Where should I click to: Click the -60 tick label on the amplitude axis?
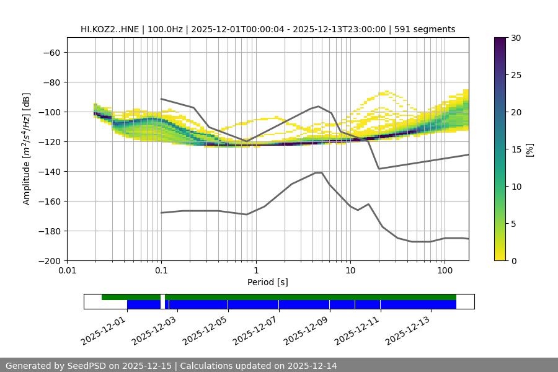tap(51, 52)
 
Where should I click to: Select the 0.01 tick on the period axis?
tap(67, 271)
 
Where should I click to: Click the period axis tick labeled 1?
tap(255, 271)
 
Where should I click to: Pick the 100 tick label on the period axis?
tap(445, 271)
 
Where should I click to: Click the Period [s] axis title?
tap(268, 282)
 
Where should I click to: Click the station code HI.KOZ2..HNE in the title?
tap(110, 29)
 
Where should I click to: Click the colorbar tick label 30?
tap(516, 38)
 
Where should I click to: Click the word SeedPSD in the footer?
tap(84, 366)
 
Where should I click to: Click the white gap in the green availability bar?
tap(162, 297)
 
